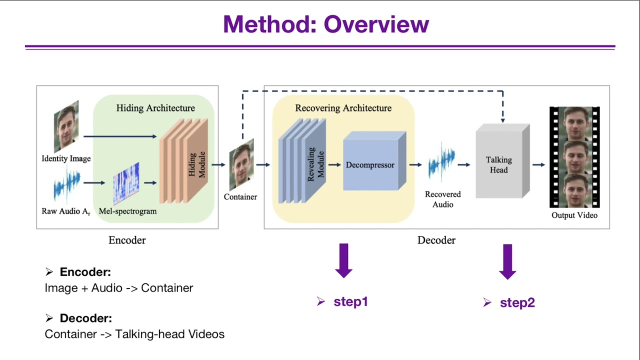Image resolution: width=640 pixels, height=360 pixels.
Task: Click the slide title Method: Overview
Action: coord(326,24)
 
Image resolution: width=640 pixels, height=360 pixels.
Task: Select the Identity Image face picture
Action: coord(66,126)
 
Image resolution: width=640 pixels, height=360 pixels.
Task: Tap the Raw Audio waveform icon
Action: coord(67,186)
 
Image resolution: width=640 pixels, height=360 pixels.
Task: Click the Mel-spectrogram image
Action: coord(126,183)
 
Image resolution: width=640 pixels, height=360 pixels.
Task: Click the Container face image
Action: coord(241,165)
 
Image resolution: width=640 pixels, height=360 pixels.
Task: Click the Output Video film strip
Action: coord(574,157)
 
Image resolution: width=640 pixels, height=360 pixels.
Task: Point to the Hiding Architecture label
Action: coord(155,108)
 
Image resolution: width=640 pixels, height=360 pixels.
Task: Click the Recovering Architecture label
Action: coord(343,108)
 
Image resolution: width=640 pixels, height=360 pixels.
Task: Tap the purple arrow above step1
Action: coord(343,260)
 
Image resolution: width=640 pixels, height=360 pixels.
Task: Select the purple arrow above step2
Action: coord(507,261)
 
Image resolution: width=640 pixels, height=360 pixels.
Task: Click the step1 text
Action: coord(350,301)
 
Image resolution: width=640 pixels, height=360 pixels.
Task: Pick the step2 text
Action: coord(517,302)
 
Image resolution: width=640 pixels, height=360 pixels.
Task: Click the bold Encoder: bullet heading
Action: coord(85,272)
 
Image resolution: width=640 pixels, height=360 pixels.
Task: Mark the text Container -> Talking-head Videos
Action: coord(134,334)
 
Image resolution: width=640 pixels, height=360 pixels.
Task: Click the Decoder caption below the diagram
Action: coord(436,240)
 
